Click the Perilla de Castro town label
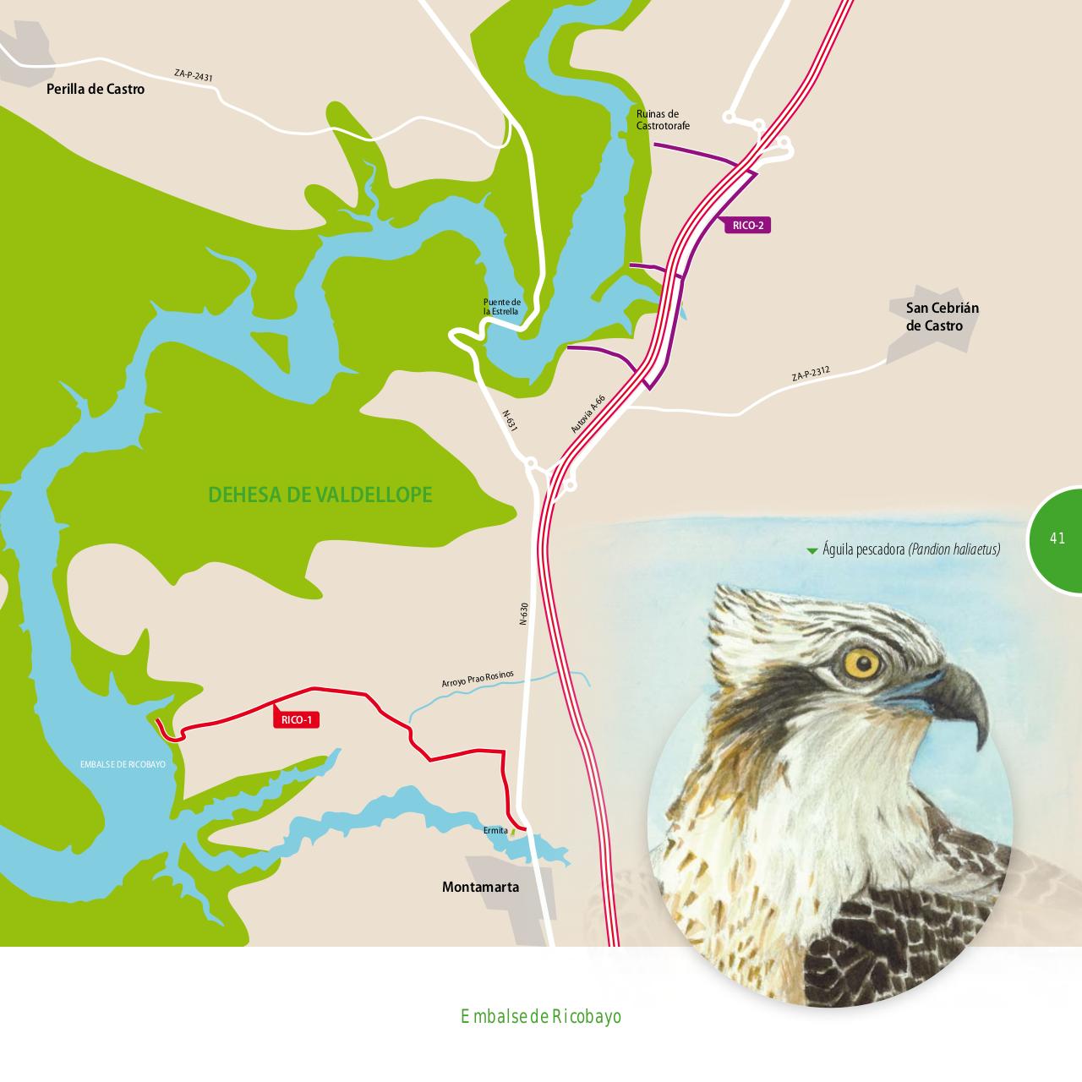click(96, 89)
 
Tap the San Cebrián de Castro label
click(942, 317)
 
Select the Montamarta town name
click(480, 888)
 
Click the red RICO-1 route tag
click(297, 720)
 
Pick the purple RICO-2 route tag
click(748, 226)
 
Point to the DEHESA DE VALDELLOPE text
click(320, 495)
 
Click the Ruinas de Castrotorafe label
click(663, 120)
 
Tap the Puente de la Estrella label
click(502, 307)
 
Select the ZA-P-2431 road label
click(194, 76)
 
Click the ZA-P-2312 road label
click(811, 373)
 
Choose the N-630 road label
click(523, 614)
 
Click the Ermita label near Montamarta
click(495, 831)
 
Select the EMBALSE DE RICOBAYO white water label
click(122, 764)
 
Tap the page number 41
click(1057, 538)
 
